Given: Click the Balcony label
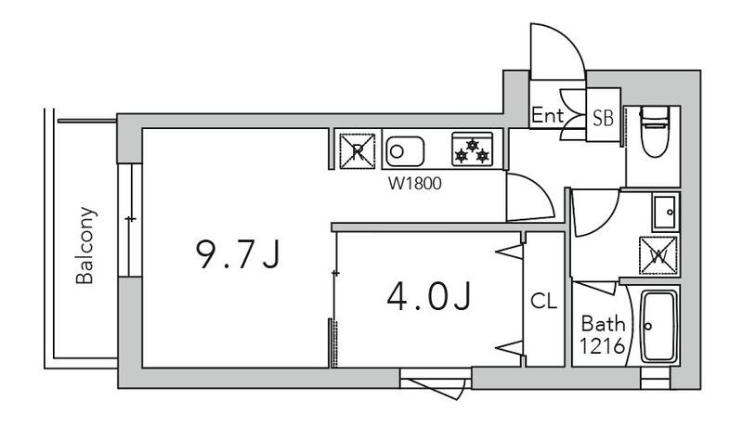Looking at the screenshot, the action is (85, 245).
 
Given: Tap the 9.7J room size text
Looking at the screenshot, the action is (239, 254).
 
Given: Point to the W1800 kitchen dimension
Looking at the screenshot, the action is (414, 183).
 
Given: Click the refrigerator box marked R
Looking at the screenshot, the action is (358, 151).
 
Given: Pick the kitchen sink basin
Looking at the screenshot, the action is (405, 151).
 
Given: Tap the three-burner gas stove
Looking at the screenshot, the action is (472, 149).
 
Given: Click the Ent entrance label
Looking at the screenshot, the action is (547, 115).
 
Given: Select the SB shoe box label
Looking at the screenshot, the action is (603, 118).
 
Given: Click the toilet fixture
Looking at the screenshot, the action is (655, 131).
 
